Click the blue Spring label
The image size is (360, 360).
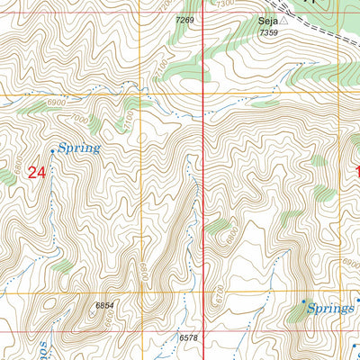[78, 148]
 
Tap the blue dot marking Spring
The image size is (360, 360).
[52, 151]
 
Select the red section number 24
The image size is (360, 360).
[36, 172]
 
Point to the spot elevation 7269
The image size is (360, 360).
[185, 19]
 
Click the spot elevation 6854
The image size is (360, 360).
[107, 306]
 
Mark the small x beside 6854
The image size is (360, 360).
[90, 307]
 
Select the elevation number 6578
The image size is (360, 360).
[188, 337]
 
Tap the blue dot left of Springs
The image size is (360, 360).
[303, 301]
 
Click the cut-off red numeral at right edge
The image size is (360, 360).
[356, 171]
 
